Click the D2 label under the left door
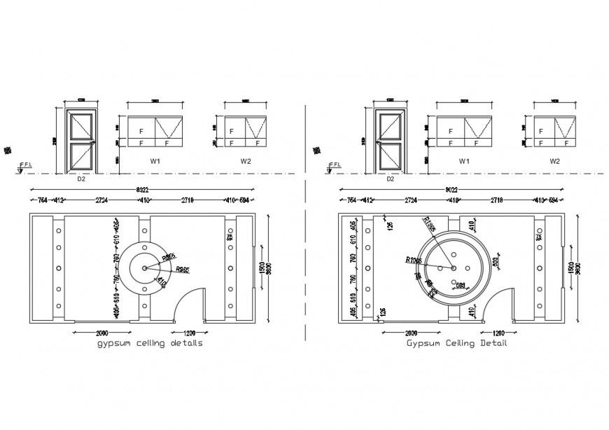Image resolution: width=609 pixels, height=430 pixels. coord(80,179)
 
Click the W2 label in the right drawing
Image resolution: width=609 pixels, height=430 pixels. coord(554,161)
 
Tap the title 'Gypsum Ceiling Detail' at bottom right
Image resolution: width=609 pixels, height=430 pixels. coord(456,343)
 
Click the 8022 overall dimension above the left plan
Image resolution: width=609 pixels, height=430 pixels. coord(142,190)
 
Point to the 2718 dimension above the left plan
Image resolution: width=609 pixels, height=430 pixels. coord(191,200)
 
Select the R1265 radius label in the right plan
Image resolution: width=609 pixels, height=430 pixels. coord(414,260)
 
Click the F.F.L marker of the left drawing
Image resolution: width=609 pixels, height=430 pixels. coord(25,165)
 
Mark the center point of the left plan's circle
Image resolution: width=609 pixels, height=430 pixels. coord(145,268)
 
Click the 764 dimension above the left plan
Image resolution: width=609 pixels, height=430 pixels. coord(38,200)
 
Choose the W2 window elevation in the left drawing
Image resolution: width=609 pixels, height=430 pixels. coord(245,132)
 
